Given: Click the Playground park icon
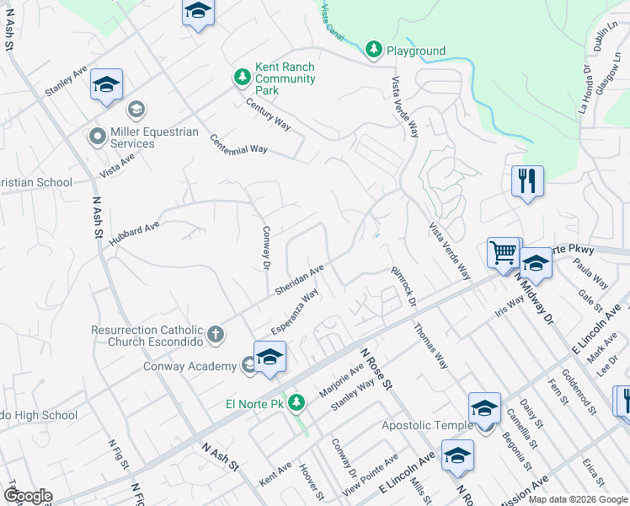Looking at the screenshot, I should (374, 51).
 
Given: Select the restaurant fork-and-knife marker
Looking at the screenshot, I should (527, 181).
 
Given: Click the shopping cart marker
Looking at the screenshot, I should (503, 251).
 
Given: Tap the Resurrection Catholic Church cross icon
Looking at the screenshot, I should (216, 335).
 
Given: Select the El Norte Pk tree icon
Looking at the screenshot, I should (296, 403).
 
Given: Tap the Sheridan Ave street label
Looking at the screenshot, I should (299, 280).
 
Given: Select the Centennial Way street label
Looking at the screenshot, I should (238, 144).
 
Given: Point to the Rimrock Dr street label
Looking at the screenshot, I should (404, 287).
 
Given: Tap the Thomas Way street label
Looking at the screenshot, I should (430, 346).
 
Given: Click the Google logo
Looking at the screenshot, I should (28, 496).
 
